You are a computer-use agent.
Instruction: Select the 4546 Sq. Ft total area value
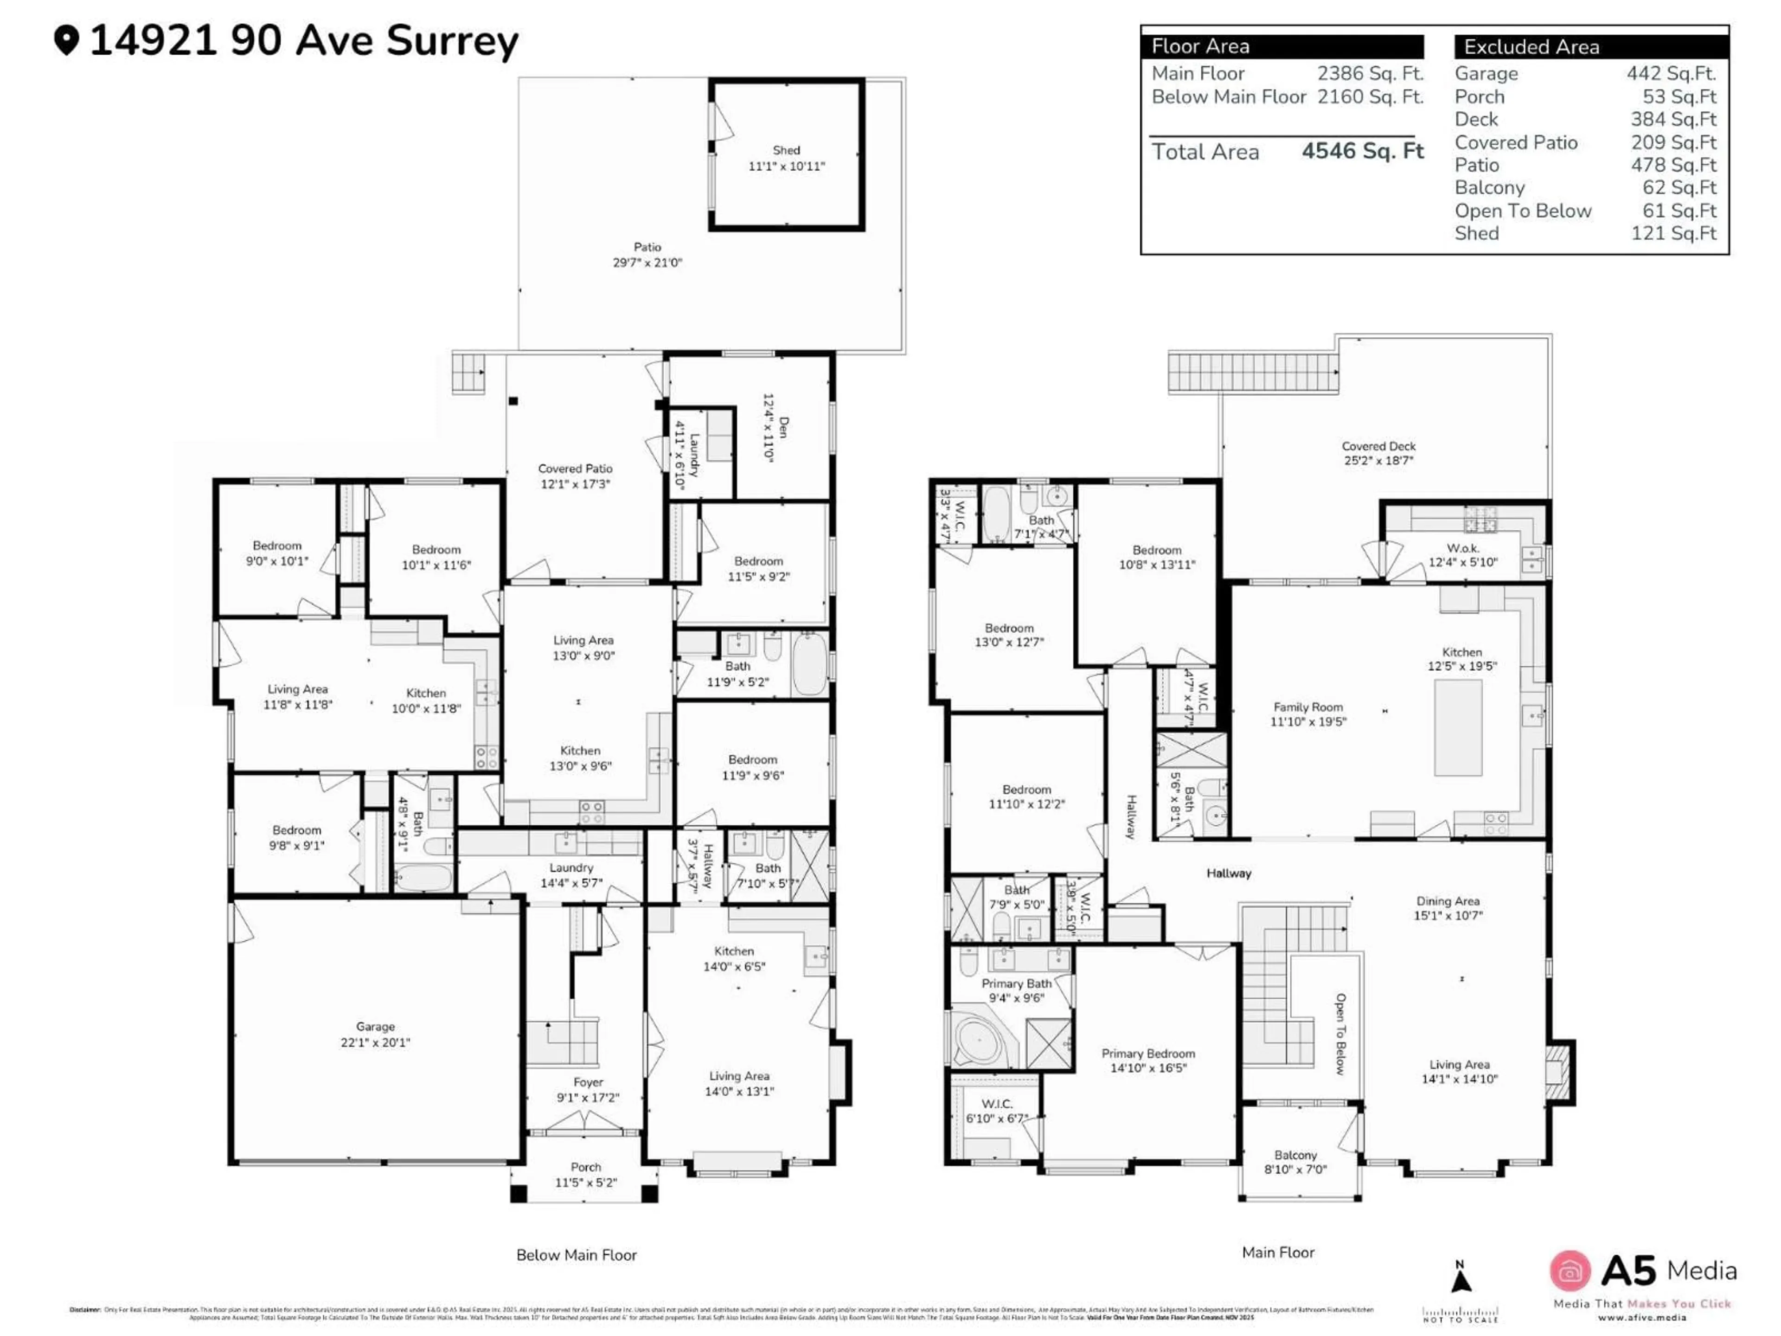click(x=1362, y=151)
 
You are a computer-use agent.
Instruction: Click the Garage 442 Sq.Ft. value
click(x=1671, y=73)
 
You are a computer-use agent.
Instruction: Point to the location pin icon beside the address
click(x=67, y=40)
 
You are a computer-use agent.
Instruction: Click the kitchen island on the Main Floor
click(x=1458, y=727)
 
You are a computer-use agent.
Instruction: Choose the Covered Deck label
click(x=1378, y=453)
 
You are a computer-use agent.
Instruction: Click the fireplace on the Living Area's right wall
click(x=1559, y=1072)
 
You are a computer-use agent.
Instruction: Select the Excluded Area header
click(x=1531, y=47)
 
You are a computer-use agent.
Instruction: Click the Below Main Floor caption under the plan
click(x=577, y=1255)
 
